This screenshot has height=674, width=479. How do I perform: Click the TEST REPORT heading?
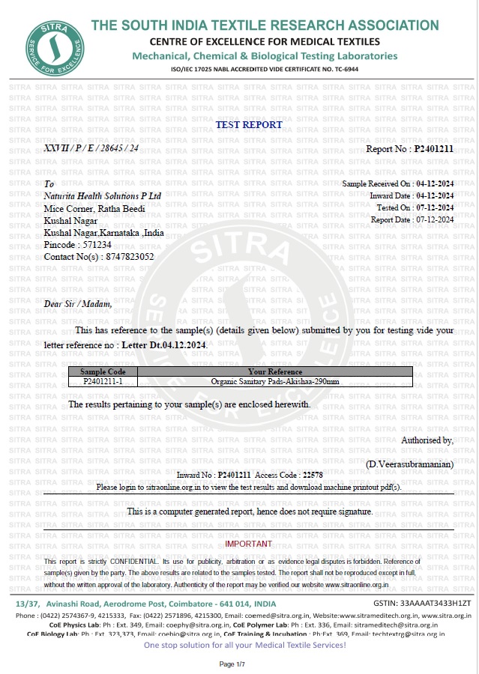click(x=249, y=125)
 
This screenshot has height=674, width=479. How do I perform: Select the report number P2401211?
click(x=434, y=149)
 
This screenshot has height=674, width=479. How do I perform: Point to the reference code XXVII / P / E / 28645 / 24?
click(x=91, y=148)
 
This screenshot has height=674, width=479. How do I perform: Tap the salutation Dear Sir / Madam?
click(x=78, y=303)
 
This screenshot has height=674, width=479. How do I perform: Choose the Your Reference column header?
click(x=274, y=371)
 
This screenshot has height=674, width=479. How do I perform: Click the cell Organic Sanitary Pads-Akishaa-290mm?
click(x=274, y=381)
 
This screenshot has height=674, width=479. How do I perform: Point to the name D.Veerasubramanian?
click(x=410, y=465)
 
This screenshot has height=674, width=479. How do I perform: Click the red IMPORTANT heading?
click(x=249, y=544)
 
